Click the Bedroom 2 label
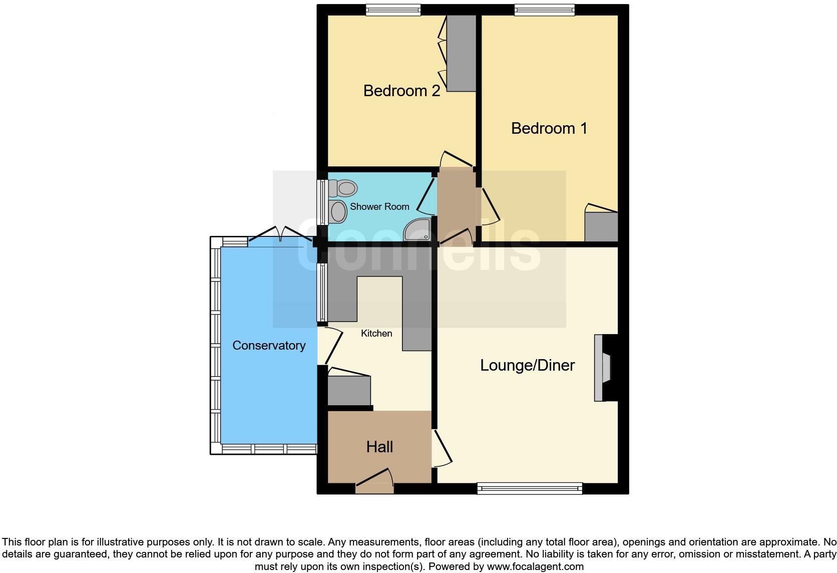point(401,91)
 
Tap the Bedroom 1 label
point(549,128)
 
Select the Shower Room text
point(379,206)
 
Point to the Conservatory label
point(269,345)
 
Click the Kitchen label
point(376,333)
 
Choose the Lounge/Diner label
point(527,365)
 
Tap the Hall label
point(379,447)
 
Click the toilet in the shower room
point(343,188)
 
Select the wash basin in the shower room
point(338,212)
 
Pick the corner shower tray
point(418,230)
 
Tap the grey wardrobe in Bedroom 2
point(461,53)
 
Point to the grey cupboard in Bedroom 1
point(601,227)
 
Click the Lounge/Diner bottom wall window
point(530,488)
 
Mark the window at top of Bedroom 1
point(544,10)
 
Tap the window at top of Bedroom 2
point(392,10)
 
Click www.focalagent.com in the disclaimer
point(535,566)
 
